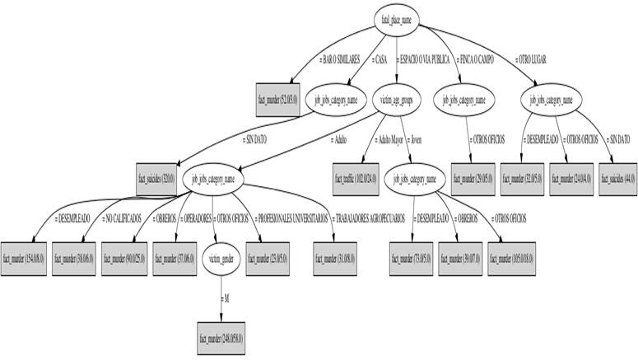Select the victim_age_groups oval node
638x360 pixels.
coord(396,101)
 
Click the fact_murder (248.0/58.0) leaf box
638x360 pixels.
coord(221,338)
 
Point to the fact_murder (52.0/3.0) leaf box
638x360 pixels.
coord(278,101)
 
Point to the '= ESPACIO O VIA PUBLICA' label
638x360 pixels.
coord(426,59)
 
